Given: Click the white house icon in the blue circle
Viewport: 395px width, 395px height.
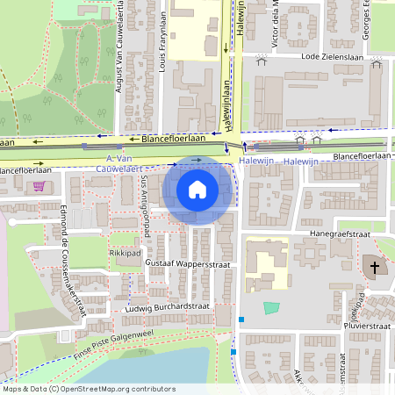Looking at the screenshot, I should pyautogui.click(x=197, y=189).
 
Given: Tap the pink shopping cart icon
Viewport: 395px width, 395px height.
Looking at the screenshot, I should pyautogui.click(x=39, y=186).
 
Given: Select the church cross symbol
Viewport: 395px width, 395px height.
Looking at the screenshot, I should pyautogui.click(x=374, y=266).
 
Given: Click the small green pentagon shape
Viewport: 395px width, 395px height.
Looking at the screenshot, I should pyautogui.click(x=272, y=308).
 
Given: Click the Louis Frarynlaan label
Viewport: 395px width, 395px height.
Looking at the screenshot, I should pyautogui.click(x=164, y=29).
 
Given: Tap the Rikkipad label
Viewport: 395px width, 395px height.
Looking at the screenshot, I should pyautogui.click(x=124, y=253).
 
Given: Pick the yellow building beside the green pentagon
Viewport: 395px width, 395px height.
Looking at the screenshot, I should pyautogui.click(x=263, y=263).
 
